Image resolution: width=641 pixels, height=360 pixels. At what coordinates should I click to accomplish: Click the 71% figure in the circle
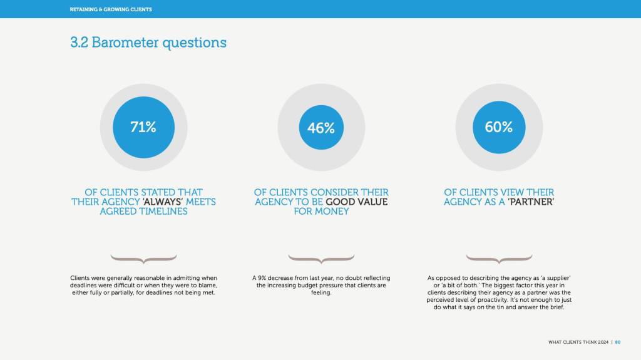(x=143, y=127)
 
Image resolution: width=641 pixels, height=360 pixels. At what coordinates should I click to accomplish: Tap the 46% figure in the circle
(x=321, y=128)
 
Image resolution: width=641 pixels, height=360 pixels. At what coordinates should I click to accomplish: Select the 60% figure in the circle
(x=499, y=127)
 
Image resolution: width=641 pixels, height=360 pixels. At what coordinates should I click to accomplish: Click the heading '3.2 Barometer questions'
(x=148, y=43)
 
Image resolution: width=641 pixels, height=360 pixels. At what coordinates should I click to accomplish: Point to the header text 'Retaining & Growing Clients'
(x=111, y=9)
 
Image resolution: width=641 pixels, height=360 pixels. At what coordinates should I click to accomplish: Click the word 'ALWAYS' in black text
(x=163, y=202)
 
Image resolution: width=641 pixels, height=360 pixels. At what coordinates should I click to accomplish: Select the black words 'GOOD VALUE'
(x=356, y=202)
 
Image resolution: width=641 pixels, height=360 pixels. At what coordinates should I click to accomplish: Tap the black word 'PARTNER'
(x=531, y=202)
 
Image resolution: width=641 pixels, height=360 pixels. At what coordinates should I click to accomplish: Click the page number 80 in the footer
(x=618, y=342)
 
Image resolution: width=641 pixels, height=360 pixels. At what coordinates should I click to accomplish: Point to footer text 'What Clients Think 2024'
(x=578, y=342)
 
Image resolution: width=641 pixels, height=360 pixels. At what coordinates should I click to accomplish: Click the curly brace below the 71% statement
(x=143, y=259)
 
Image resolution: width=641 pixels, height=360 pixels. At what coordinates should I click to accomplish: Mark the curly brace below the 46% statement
(x=321, y=259)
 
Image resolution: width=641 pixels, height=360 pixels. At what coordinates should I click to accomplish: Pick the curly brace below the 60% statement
(x=499, y=259)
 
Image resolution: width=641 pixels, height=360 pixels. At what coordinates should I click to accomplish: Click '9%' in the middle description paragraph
(x=262, y=278)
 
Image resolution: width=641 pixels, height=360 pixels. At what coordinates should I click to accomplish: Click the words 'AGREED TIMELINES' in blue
(x=143, y=212)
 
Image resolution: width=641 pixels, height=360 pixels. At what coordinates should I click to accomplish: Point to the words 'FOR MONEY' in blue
(x=321, y=212)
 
